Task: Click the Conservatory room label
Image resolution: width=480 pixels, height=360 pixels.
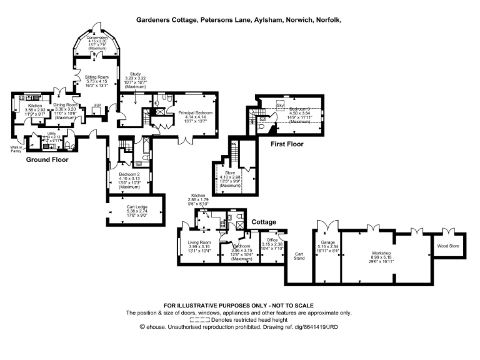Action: pyautogui.click(x=97, y=37)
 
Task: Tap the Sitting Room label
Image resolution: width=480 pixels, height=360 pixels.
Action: pyautogui.click(x=96, y=77)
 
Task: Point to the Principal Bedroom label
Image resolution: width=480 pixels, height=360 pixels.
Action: pyautogui.click(x=196, y=112)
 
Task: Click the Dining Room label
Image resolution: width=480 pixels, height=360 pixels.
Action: pyautogui.click(x=65, y=105)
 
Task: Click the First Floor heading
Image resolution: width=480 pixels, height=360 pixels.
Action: pyautogui.click(x=287, y=144)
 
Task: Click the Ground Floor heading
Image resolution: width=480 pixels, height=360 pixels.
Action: pyautogui.click(x=47, y=159)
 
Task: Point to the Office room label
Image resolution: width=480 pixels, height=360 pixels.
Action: pyautogui.click(x=271, y=240)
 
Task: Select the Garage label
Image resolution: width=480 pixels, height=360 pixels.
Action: pyautogui.click(x=329, y=242)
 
